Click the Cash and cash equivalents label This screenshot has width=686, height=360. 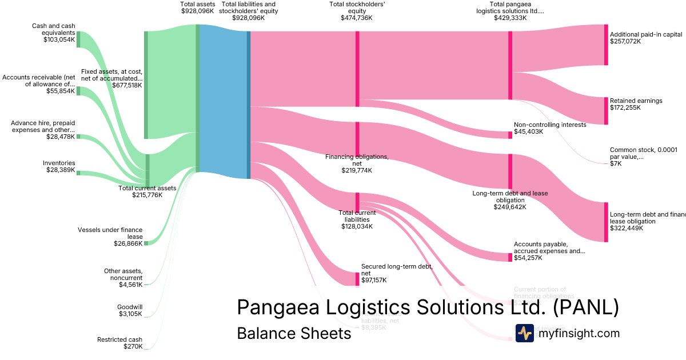[53, 33]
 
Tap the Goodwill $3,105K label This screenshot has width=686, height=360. [130, 310]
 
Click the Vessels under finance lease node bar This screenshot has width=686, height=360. [146, 243]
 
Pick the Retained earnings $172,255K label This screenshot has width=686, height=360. [636, 104]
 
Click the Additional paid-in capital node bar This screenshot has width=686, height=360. [606, 45]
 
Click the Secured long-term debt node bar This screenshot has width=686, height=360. [357, 279]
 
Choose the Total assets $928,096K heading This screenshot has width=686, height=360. [198, 7]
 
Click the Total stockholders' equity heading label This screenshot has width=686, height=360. [356, 11]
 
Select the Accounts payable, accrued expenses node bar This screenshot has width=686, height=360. [510, 257]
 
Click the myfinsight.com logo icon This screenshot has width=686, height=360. [524, 333]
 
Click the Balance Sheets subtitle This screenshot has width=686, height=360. [294, 334]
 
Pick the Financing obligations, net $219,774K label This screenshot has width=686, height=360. [357, 163]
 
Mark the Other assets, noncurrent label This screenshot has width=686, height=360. [123, 278]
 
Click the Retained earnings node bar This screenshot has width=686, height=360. [606, 111]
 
